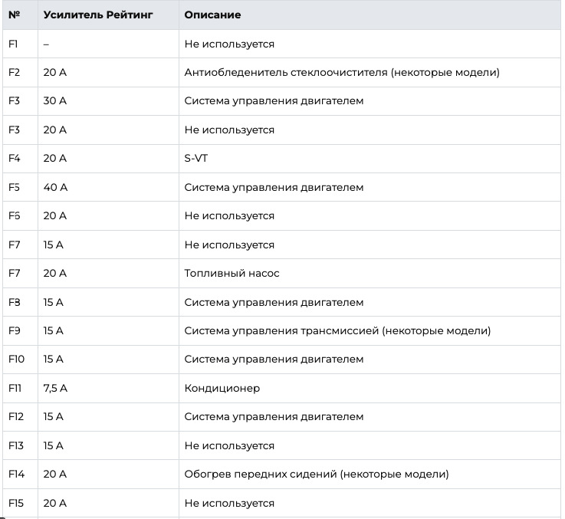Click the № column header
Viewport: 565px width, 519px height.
pyautogui.click(x=14, y=15)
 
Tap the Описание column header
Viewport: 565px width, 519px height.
pyautogui.click(x=212, y=15)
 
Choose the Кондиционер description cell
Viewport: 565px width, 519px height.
pyautogui.click(x=222, y=388)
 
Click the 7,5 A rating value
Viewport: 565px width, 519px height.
pyautogui.click(x=55, y=388)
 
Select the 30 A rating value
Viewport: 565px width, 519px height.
pyautogui.click(x=55, y=101)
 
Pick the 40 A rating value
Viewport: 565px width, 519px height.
pyautogui.click(x=55, y=187)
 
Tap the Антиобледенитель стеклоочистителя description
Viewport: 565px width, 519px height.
pyautogui.click(x=342, y=73)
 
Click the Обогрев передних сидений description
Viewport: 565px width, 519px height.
pyautogui.click(x=317, y=475)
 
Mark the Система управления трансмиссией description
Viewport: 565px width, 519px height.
pyautogui.click(x=337, y=330)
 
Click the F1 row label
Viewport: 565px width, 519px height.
pyautogui.click(x=13, y=44)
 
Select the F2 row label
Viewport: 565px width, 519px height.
pyautogui.click(x=14, y=73)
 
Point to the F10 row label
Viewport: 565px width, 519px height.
pyautogui.click(x=16, y=359)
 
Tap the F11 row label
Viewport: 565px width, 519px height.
pyautogui.click(x=15, y=388)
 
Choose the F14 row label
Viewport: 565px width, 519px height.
pyautogui.click(x=16, y=475)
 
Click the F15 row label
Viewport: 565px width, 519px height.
pyautogui.click(x=16, y=503)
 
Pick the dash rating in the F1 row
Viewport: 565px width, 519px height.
pyautogui.click(x=46, y=44)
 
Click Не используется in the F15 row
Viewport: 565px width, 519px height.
pyautogui.click(x=229, y=503)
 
